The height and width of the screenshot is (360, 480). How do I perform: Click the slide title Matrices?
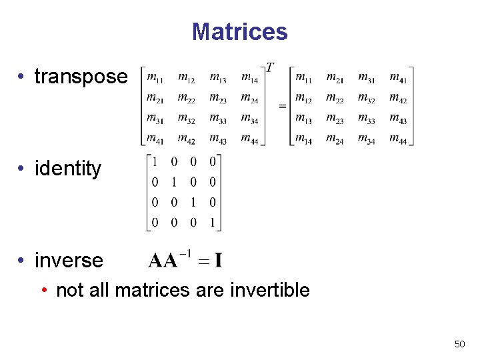(x=239, y=31)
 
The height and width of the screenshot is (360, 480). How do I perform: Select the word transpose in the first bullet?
(x=81, y=76)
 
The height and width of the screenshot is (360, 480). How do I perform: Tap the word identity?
(x=68, y=168)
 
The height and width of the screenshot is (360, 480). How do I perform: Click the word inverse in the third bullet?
(x=69, y=260)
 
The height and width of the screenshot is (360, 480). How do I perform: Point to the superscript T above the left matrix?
(x=270, y=68)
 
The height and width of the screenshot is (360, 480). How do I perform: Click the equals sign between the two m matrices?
(x=282, y=105)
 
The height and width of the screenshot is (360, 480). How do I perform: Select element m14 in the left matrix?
(x=249, y=79)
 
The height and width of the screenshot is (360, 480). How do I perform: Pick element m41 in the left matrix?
(x=155, y=139)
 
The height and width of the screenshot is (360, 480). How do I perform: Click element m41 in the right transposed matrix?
(x=398, y=79)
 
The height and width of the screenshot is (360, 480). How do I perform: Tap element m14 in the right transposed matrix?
(x=303, y=139)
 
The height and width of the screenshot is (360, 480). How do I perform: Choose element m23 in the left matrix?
(x=218, y=99)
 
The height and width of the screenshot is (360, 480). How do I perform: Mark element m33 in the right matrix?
(x=367, y=119)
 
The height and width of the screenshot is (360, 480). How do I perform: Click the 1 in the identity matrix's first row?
(x=155, y=162)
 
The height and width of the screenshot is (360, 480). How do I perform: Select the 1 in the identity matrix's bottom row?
(x=213, y=223)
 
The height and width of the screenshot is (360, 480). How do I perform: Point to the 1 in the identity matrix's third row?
(x=193, y=203)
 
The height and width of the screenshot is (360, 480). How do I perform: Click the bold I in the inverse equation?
(x=218, y=261)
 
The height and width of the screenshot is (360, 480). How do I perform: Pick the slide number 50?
(x=459, y=344)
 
